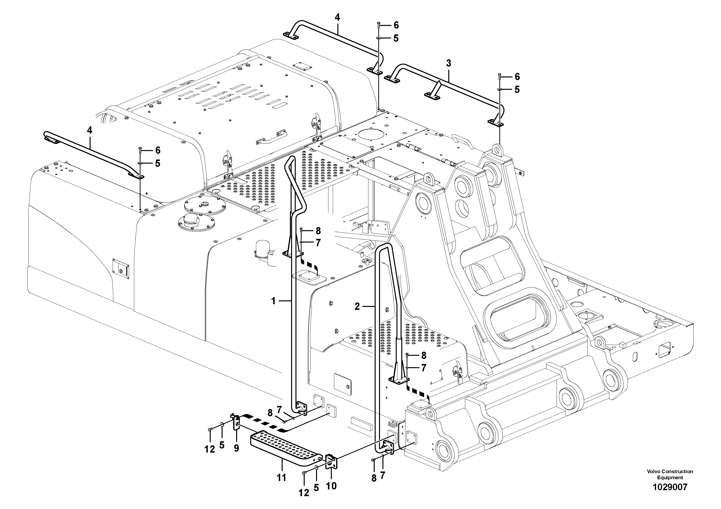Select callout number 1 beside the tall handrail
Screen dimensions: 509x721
273,301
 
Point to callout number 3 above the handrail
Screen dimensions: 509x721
449,63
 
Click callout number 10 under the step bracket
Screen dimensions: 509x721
331,486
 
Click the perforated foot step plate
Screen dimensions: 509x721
283,447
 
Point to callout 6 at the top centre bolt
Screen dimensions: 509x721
396,25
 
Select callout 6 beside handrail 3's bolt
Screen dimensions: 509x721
517,76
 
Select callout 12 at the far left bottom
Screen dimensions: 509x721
209,449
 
